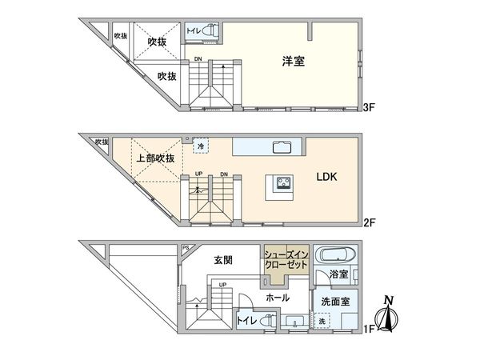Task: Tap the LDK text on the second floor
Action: tap(326, 178)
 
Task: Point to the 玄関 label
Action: tap(223, 259)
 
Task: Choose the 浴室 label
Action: tap(338, 274)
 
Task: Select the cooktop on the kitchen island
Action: tap(284, 183)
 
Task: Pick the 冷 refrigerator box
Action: tap(200, 146)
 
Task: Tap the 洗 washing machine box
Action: tap(322, 322)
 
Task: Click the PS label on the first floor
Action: tap(186, 247)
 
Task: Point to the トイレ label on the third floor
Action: tap(194, 31)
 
